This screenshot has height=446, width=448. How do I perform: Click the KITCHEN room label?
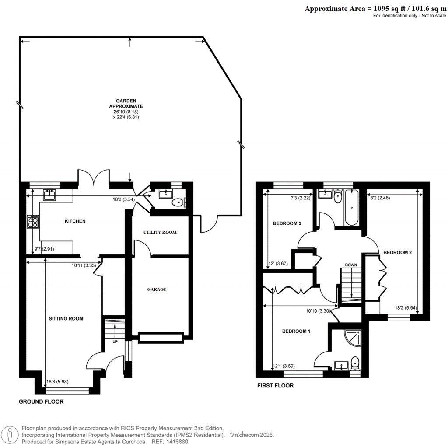pos(75,221)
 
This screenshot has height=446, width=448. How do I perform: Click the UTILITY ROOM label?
pos(160,232)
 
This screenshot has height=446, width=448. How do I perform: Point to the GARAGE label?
pos(157,289)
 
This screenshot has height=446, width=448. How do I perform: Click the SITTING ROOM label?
pos(66,318)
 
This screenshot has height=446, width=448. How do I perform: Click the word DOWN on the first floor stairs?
pos(351,265)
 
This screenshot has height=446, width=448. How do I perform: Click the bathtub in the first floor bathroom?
pos(352,208)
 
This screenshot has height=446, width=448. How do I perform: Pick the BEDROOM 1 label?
pos(296,331)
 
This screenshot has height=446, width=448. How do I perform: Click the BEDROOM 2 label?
pos(397,252)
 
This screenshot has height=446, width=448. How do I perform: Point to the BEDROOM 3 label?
pos(287,223)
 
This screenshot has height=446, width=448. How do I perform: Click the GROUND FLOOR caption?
pos(41,401)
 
